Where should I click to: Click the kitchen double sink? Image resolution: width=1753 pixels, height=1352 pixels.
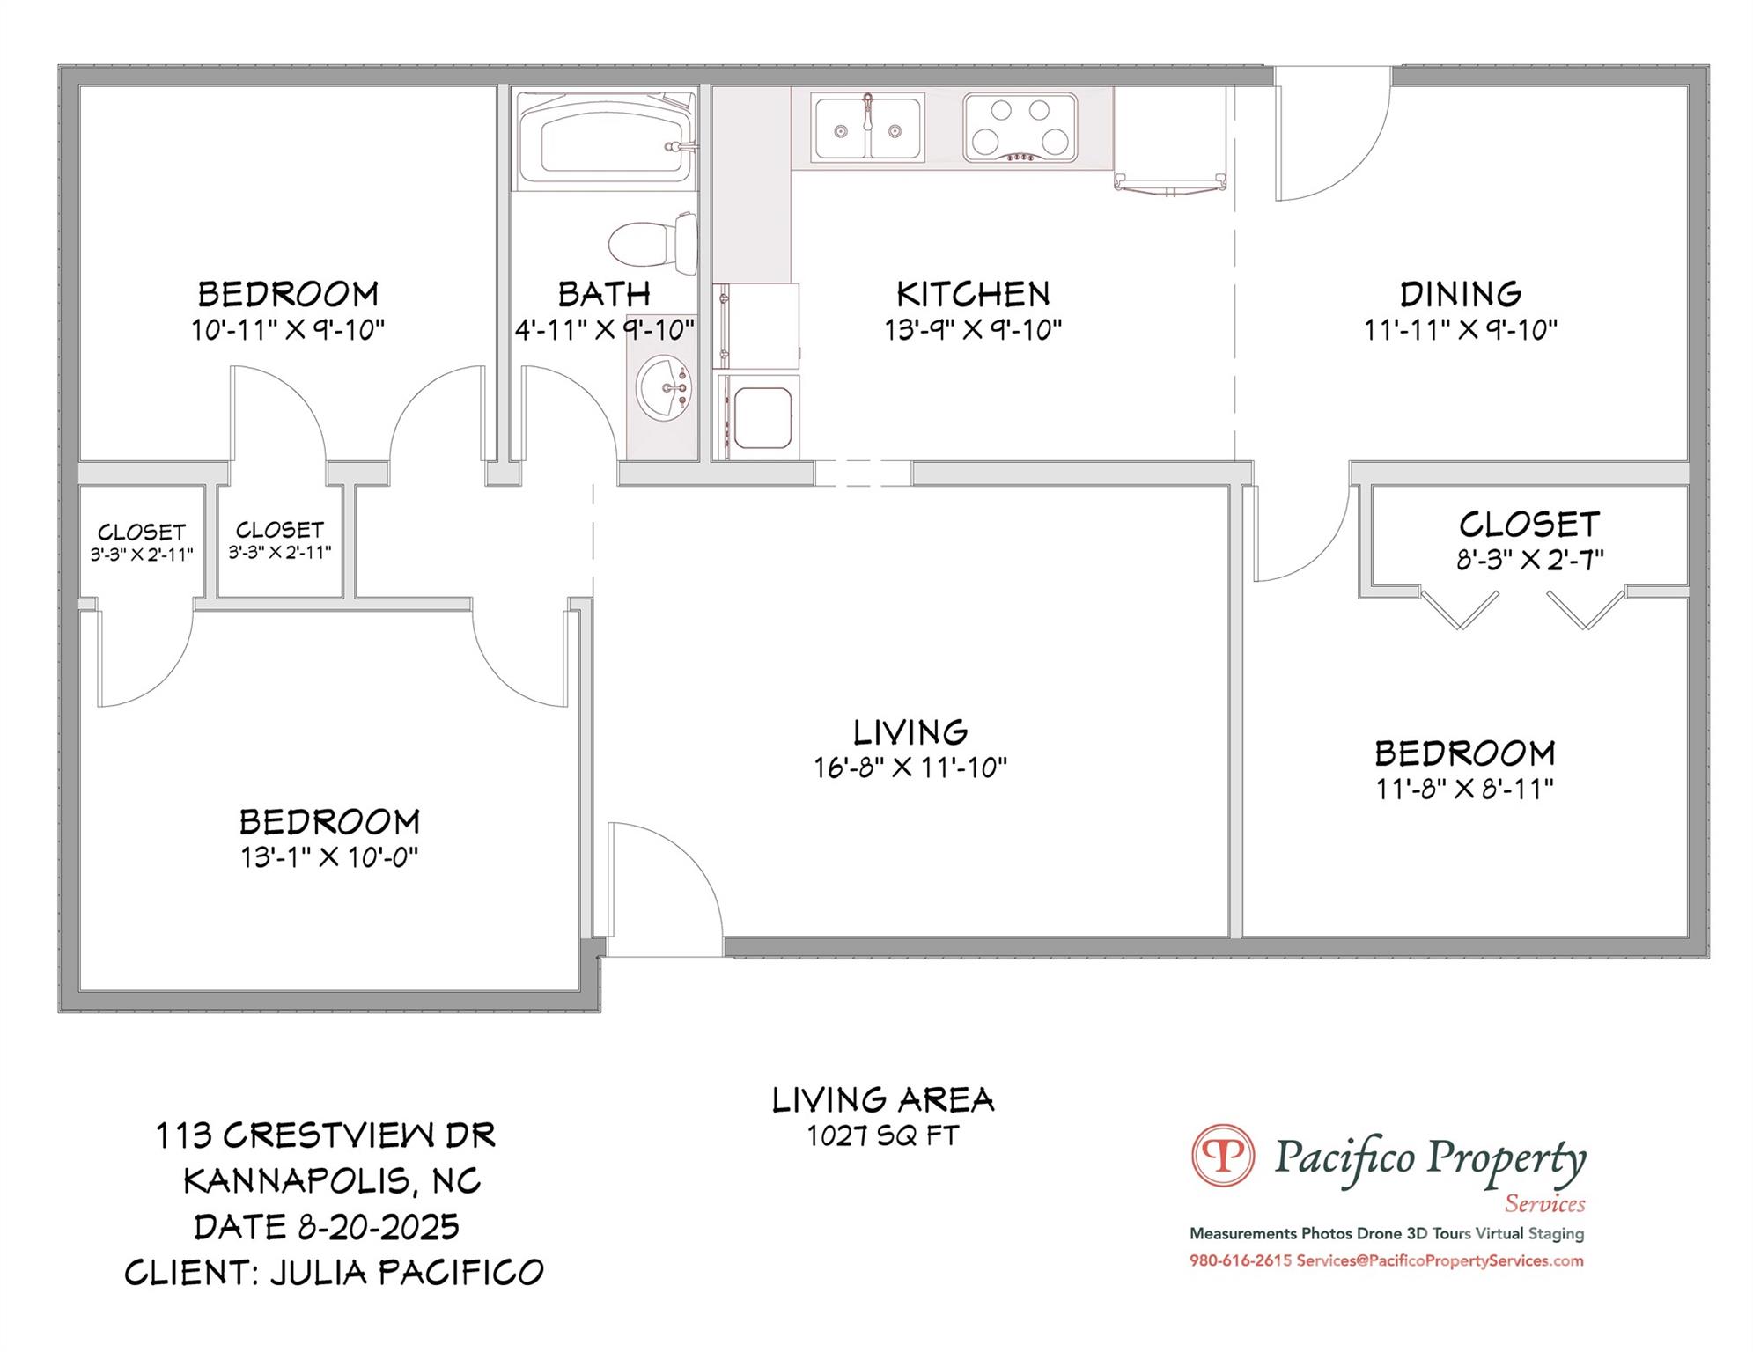point(867,129)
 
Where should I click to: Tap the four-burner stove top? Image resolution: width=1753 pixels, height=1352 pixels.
point(1020,129)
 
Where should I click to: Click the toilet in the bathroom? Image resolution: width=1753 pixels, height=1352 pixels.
point(652,242)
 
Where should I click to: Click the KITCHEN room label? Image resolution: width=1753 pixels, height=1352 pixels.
point(972,293)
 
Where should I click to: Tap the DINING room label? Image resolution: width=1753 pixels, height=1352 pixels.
point(1460,293)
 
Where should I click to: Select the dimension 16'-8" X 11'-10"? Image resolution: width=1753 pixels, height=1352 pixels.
point(910,768)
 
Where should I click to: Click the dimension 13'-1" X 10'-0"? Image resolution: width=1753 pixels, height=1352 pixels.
point(329,856)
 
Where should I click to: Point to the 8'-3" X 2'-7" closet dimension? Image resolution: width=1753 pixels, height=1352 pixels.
point(1529,560)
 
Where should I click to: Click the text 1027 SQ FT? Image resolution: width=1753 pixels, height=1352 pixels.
point(882,1136)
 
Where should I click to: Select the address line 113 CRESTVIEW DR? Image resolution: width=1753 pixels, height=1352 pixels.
point(326,1135)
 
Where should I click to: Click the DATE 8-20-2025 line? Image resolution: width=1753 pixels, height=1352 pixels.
point(327,1227)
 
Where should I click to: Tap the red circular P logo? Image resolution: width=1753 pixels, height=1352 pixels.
point(1222,1155)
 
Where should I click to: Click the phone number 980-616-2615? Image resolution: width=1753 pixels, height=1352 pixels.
point(1240,1260)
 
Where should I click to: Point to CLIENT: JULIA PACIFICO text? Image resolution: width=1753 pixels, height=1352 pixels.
point(334,1273)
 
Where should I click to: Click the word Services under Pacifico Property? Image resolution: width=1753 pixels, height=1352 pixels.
point(1544,1203)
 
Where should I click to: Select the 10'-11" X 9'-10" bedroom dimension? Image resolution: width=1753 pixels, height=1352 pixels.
point(288,330)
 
